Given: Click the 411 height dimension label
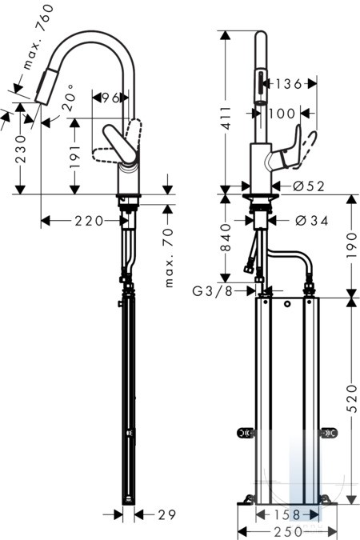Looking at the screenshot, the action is click(x=226, y=118).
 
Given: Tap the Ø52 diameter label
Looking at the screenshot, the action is click(x=309, y=186).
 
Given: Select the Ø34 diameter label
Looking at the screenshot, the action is click(x=312, y=221).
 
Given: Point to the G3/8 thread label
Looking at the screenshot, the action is click(x=212, y=291).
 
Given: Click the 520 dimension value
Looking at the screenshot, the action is click(x=352, y=398).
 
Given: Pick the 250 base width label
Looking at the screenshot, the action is click(x=288, y=531).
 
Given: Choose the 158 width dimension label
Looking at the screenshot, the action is click(x=286, y=515).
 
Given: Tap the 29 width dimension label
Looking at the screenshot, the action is click(x=166, y=515).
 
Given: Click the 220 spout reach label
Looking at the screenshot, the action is click(x=90, y=221).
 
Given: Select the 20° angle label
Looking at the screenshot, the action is click(x=69, y=98).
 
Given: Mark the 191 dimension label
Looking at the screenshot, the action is click(x=74, y=156).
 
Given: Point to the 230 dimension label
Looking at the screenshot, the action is click(x=21, y=149).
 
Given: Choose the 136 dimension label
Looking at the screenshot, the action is click(x=289, y=84).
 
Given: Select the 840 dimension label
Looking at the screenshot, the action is click(x=226, y=238).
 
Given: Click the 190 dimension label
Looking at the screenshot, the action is click(x=352, y=246).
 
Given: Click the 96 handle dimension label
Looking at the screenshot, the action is click(x=110, y=98).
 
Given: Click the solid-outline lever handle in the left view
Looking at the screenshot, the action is click(x=121, y=144).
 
